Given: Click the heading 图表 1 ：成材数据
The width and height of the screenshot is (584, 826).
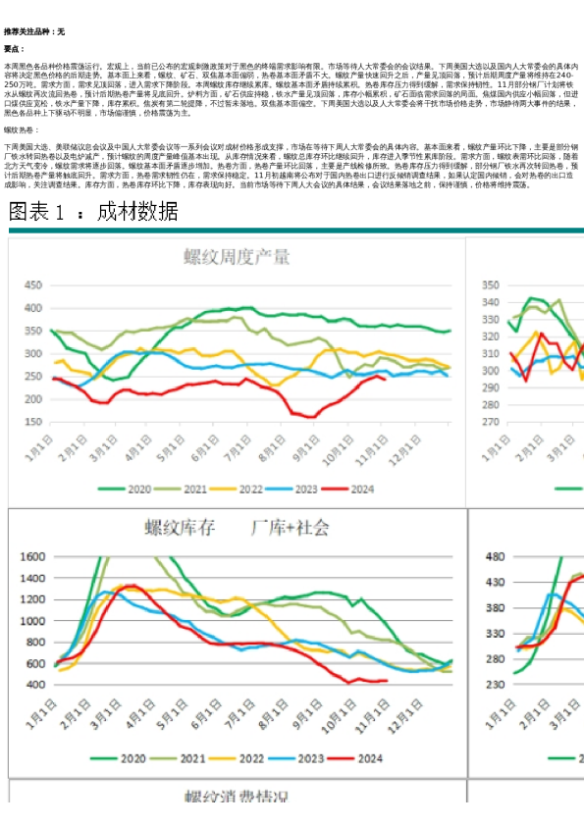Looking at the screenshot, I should point(94,213).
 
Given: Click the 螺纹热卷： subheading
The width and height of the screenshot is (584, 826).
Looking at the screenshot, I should point(24,129).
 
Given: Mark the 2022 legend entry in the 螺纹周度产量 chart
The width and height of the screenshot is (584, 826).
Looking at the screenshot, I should point(239,489).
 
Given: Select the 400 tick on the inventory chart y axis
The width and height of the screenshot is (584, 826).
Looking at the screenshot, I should point(32,684).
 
